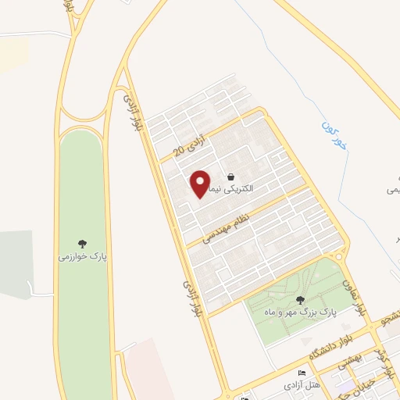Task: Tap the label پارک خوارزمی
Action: click(81, 255)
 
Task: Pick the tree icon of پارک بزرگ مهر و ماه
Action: click(300, 299)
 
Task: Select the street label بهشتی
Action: click(351, 361)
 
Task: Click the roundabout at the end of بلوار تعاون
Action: click(337, 255)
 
